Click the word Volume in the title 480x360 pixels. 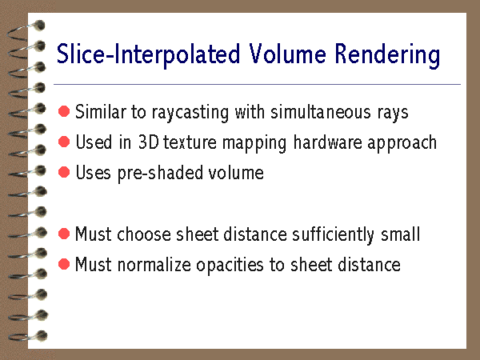point(287,54)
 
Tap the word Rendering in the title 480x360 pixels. point(387,56)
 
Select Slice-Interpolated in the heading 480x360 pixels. point(148,56)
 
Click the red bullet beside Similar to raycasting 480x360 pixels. point(64,111)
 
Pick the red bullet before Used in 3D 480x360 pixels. point(64,142)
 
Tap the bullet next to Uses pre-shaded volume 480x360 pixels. point(64,172)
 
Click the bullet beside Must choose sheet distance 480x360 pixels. point(64,234)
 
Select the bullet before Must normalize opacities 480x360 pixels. point(64,264)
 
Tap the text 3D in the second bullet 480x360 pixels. point(149,142)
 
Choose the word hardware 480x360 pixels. point(327,142)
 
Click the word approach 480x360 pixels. point(402,143)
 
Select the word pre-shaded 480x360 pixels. point(161,174)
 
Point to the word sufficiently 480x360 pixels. point(333,235)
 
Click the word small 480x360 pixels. point(400,234)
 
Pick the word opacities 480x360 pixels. point(230,266)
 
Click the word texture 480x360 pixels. point(190,142)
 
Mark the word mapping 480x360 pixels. point(254,143)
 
